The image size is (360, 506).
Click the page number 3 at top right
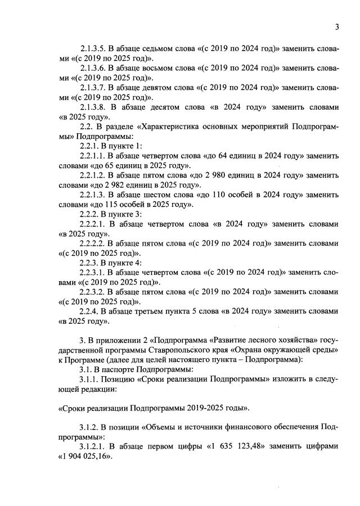pyautogui.click(x=336, y=27)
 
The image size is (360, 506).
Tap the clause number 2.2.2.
pyautogui.click(x=89, y=214)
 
